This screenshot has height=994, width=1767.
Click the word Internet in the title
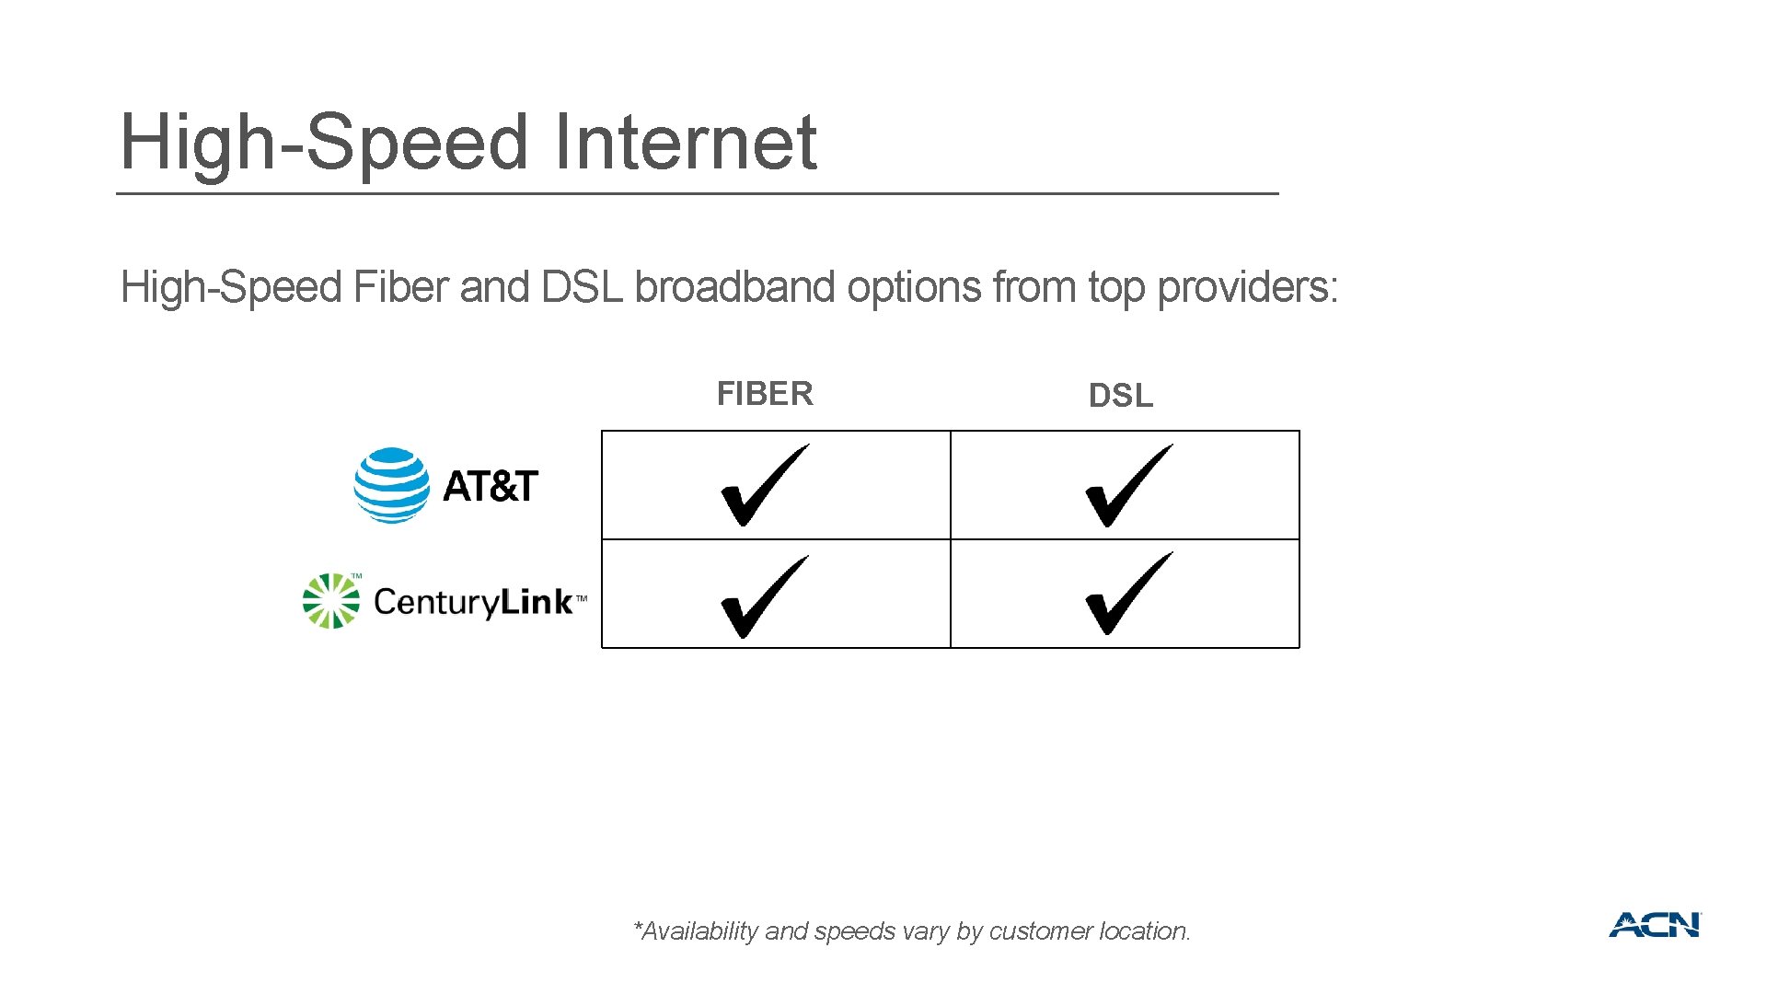point(685,143)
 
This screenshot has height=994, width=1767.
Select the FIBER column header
point(765,394)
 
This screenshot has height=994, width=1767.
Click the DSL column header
point(1120,396)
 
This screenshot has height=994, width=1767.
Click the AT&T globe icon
point(391,485)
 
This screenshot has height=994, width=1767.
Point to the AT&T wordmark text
point(491,486)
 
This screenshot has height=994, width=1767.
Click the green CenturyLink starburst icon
point(331,601)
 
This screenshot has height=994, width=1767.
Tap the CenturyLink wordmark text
point(474,602)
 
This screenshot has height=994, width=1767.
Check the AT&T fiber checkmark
point(763,485)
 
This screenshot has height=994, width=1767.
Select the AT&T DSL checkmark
point(1127,485)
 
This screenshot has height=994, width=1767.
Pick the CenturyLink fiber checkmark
point(763,596)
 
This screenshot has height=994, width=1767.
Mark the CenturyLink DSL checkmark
point(1127,594)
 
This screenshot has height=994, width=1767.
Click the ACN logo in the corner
point(1655,925)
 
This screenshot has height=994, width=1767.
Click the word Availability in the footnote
point(699,931)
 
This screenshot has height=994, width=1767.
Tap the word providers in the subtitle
point(1246,287)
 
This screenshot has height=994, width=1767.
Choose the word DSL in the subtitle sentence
point(582,287)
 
